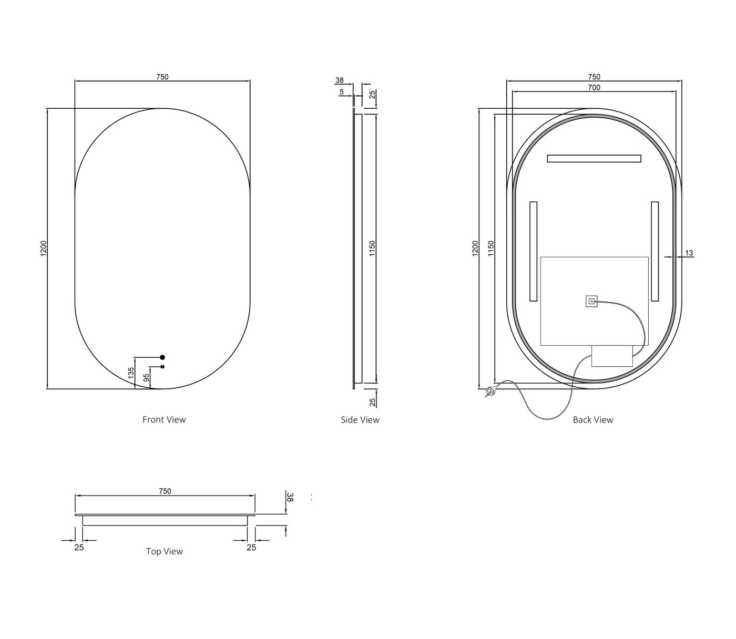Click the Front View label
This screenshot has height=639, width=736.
point(164,420)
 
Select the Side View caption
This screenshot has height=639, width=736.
point(360,420)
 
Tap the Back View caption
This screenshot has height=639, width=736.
point(593,420)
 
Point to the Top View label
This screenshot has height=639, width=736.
point(165,551)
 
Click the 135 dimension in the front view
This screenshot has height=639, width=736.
point(131,372)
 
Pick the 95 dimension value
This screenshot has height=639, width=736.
point(146,378)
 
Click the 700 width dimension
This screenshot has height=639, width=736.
point(594,87)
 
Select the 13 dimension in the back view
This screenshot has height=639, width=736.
point(689,253)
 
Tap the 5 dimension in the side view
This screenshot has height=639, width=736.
point(341,91)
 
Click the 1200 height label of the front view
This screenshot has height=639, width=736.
point(44,249)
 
